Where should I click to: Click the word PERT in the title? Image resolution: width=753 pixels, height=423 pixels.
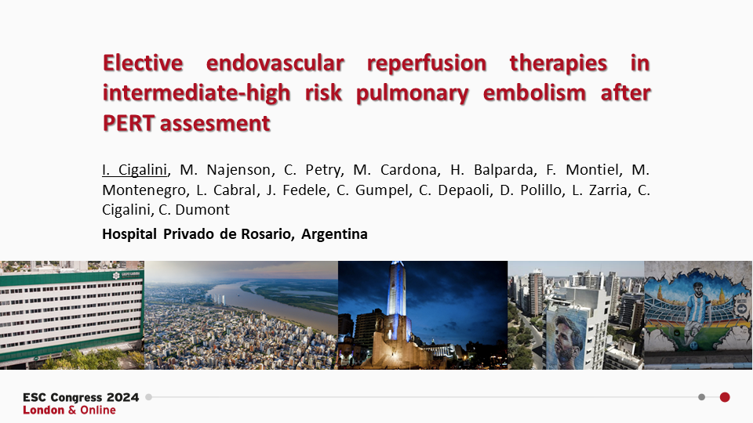[x=132, y=123]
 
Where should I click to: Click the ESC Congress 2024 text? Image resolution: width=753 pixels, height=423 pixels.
[x=81, y=397]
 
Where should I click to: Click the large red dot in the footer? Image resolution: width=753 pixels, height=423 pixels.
[x=725, y=397]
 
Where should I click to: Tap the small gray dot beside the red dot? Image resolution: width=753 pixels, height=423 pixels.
[x=701, y=397]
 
